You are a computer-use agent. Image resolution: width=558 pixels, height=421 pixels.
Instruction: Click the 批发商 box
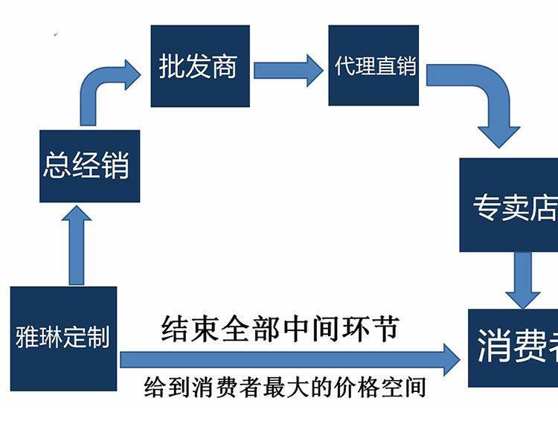click(199, 66)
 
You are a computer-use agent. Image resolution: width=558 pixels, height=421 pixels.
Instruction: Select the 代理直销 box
click(373, 66)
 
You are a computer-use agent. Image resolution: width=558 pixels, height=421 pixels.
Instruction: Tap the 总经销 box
click(89, 164)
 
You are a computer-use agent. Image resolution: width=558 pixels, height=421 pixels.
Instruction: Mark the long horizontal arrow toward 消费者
click(290, 359)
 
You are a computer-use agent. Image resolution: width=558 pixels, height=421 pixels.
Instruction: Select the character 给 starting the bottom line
click(155, 388)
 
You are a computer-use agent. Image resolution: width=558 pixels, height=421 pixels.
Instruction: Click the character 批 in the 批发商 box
click(172, 67)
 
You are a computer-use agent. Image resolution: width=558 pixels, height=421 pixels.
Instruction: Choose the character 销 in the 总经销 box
click(115, 165)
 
